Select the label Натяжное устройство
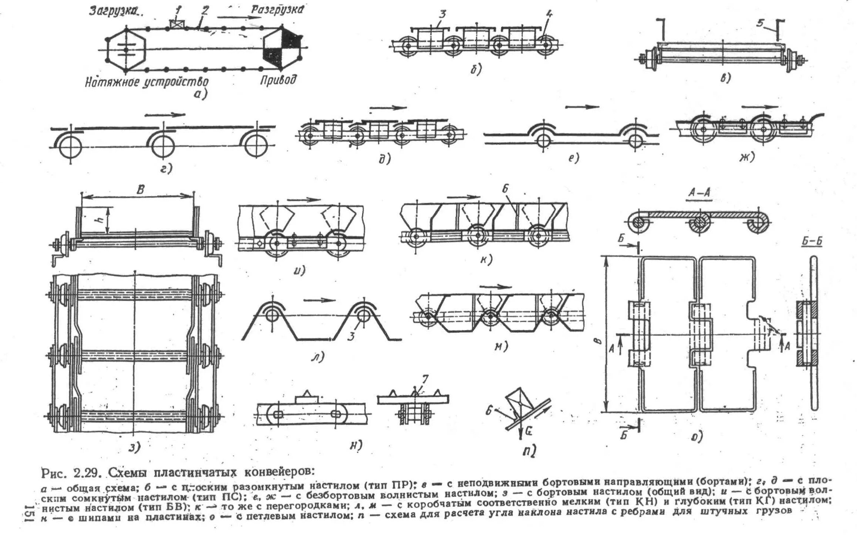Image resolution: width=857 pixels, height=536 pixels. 146,82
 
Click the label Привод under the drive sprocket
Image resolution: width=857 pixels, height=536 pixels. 278,80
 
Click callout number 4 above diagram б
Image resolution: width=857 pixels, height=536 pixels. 549,15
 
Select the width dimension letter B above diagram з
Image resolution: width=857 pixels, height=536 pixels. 140,190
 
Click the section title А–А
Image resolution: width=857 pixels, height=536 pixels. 699,193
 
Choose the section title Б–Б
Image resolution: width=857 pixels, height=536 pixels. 812,242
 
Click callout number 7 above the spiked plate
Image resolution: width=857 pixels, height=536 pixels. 425,380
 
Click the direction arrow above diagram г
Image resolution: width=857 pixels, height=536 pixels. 165,115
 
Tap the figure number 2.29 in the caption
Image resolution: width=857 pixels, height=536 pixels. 87,473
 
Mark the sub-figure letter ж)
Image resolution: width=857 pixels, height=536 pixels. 746,158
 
